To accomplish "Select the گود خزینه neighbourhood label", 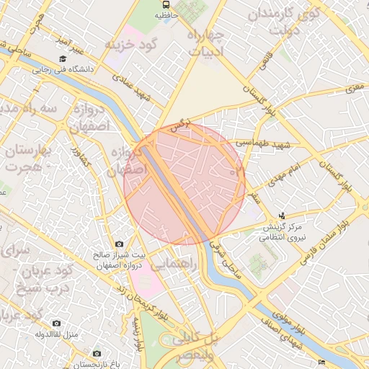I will point(131,44).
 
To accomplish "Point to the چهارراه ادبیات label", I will point(207,43).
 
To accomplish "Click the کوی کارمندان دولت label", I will point(282,22).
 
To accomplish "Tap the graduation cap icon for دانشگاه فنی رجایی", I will point(63,58).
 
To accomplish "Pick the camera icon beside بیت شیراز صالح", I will point(119,245).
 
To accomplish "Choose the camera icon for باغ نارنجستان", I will point(97,353).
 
